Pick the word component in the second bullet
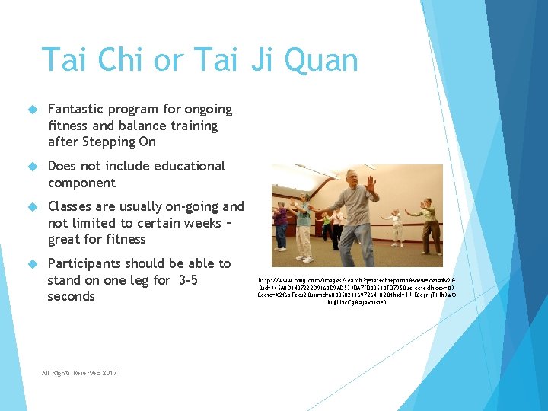(81, 183)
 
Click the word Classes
(71, 206)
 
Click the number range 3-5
(186, 280)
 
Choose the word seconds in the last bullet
(72, 296)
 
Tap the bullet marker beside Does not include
(32, 167)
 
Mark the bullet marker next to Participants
(32, 264)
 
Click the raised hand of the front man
(371, 184)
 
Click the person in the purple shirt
(282, 221)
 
